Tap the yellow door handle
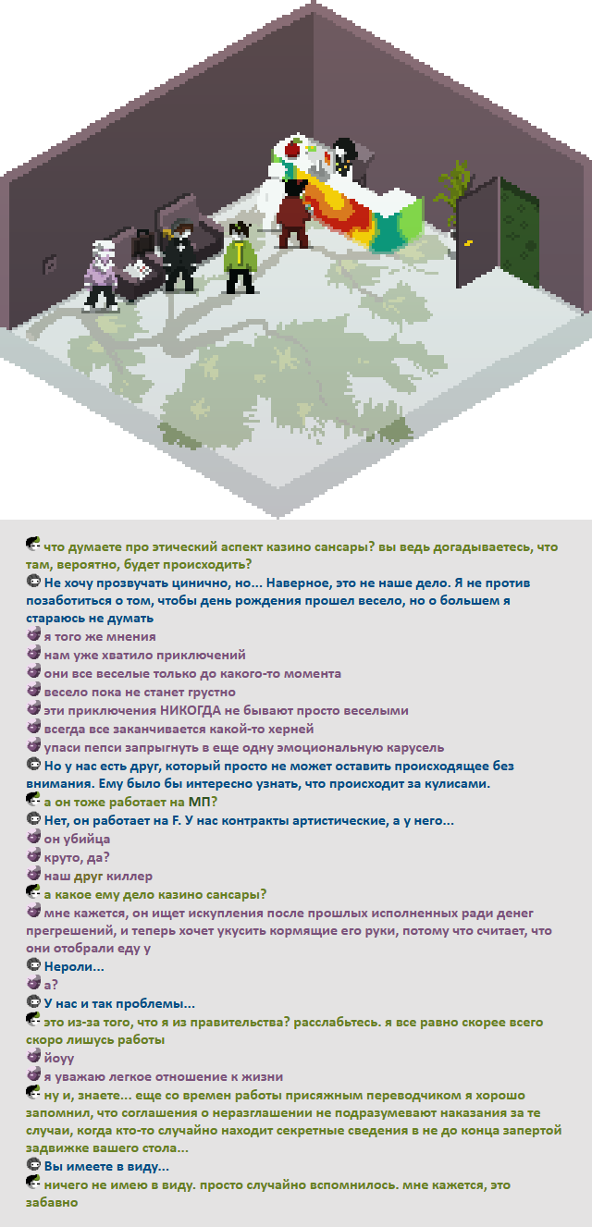click(x=468, y=242)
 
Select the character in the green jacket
click(x=240, y=256)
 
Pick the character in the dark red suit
click(x=293, y=214)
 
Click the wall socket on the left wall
click(x=49, y=264)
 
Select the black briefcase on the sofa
click(x=142, y=244)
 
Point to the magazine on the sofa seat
click(x=140, y=269)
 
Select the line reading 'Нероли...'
click(x=74, y=966)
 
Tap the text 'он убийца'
click(x=77, y=839)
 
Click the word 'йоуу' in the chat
click(x=59, y=1059)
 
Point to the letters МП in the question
click(x=199, y=802)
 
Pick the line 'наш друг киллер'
click(x=98, y=876)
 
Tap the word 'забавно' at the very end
click(x=52, y=1202)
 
